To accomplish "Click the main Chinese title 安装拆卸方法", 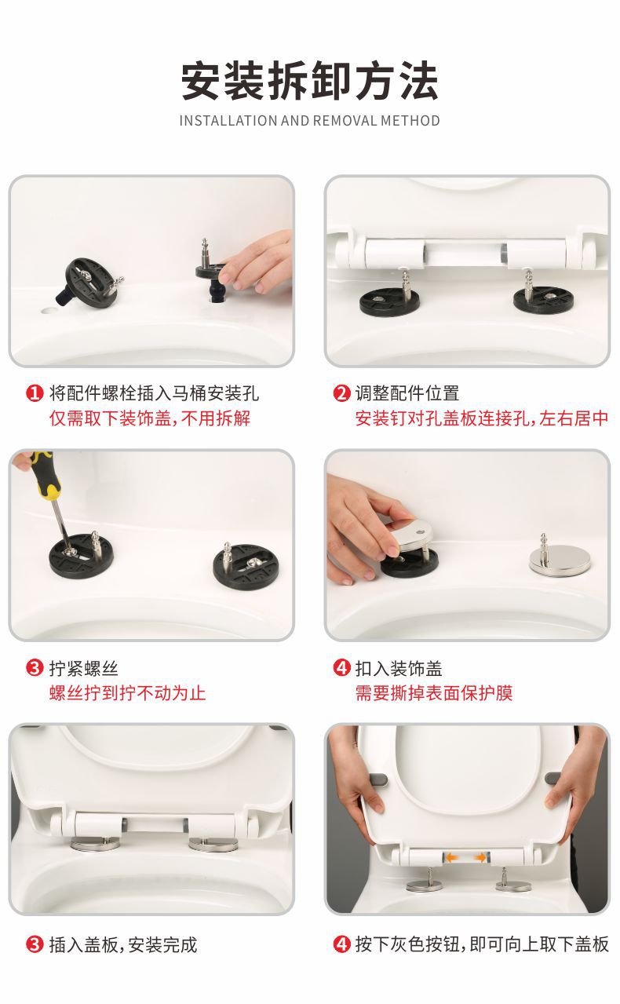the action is coord(309,81).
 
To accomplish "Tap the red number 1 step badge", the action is coord(34,393).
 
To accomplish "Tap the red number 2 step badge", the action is coord(341,393).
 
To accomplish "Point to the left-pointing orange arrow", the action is coord(452,857).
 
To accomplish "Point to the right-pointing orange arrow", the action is coord(480,857).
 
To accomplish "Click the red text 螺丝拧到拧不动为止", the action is coord(128,693).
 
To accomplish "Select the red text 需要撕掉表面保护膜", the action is coord(434,693).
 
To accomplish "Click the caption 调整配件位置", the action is coord(407,393).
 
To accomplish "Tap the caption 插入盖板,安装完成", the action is coord(123,945).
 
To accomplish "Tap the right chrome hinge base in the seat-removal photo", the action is coord(513,885).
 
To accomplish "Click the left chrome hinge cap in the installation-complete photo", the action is coord(96,845).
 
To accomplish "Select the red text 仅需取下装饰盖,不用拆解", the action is coord(150,418).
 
